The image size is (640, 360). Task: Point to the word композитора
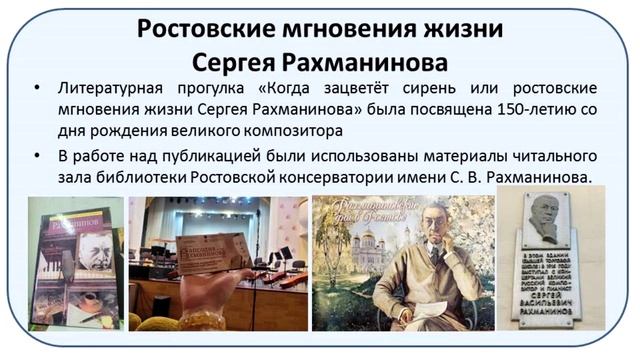coord(291,130)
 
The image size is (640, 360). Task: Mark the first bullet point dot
coord(37,89)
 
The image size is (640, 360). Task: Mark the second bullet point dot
coord(37,157)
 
